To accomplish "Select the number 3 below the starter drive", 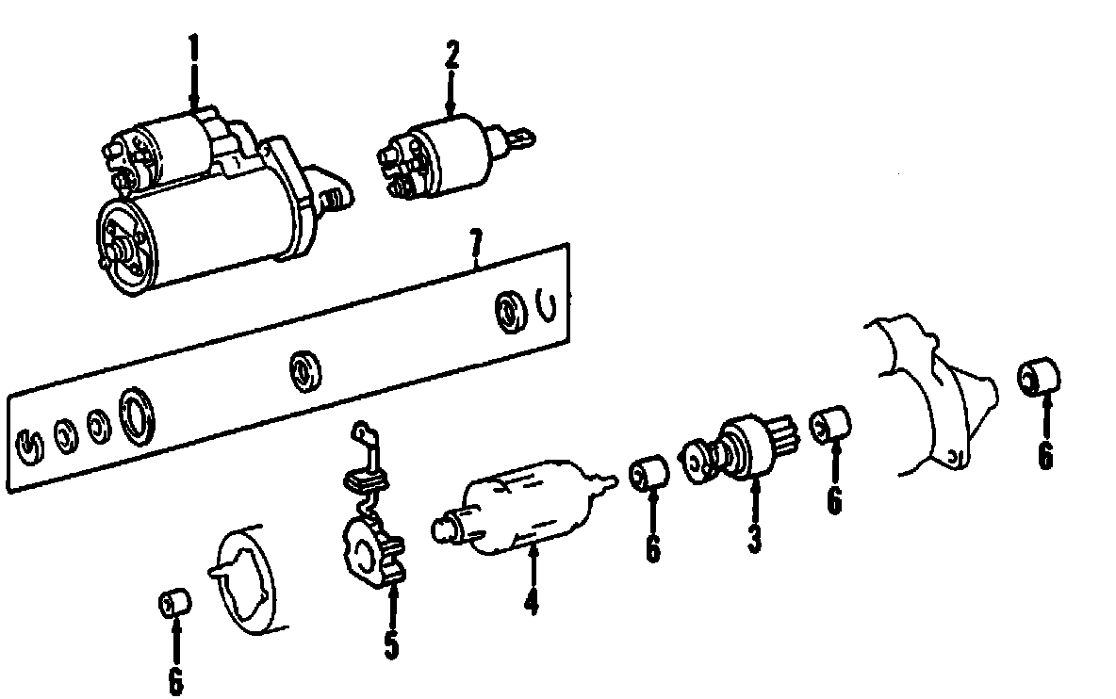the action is click(754, 538).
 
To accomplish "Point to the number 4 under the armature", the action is click(532, 600).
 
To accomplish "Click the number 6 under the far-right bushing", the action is click(1044, 456).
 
